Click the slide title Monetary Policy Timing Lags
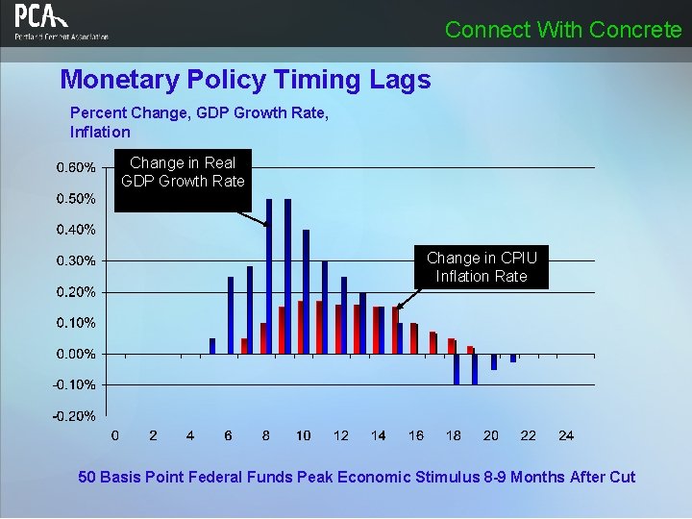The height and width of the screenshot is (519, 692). coord(245,79)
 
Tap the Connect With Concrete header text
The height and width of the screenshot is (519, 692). coord(563,30)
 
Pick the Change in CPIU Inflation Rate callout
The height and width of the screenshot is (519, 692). coord(482,267)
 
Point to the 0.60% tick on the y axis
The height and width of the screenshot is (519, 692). coord(76,167)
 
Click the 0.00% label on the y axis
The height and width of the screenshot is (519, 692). coord(76,354)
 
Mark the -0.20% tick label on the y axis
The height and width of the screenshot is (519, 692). coord(74,416)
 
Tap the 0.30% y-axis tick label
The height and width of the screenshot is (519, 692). coord(76,260)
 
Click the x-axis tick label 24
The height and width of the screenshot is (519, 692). coord(566,435)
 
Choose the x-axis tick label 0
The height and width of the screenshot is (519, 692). coord(115,435)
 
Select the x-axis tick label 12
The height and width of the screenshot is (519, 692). coord(340,435)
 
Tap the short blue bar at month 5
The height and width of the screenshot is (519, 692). coord(212,346)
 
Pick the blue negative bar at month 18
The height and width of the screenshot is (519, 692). coord(457,369)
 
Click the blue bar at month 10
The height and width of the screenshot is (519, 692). coord(307,292)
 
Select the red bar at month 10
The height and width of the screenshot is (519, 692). coord(300,328)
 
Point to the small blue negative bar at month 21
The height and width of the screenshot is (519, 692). coord(513,358)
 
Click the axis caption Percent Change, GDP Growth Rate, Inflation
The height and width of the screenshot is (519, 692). coord(199,122)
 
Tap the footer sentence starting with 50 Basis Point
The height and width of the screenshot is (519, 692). coord(357,477)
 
